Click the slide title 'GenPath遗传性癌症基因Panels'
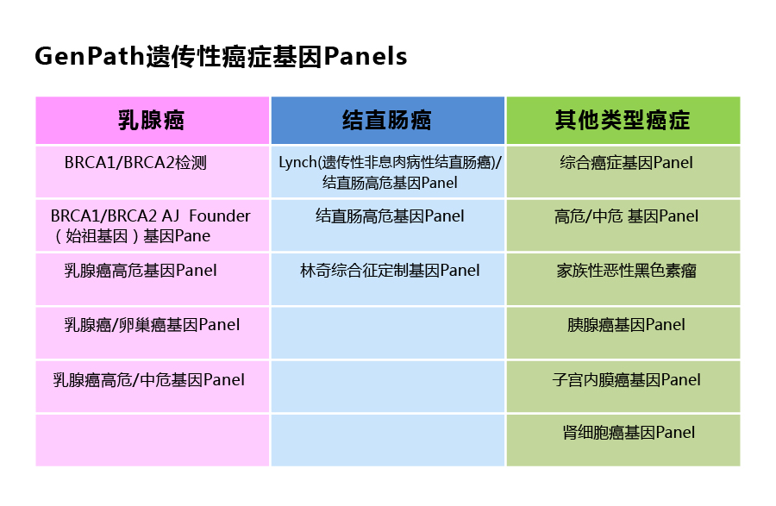click(x=220, y=57)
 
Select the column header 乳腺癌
click(x=152, y=120)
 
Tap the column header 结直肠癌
click(x=387, y=120)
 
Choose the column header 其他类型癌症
click(x=623, y=120)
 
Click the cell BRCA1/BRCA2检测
click(x=135, y=162)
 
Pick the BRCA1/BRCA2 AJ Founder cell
click(x=151, y=225)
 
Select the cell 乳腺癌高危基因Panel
click(x=141, y=271)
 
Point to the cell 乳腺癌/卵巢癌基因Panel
click(x=152, y=325)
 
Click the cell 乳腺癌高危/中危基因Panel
click(x=148, y=379)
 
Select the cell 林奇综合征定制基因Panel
click(x=390, y=271)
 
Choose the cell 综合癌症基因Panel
click(x=626, y=162)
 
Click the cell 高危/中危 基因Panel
click(x=626, y=216)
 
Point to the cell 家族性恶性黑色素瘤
click(x=626, y=271)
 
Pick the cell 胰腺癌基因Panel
click(x=626, y=325)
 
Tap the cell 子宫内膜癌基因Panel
click(x=626, y=379)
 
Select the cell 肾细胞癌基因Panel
click(x=628, y=433)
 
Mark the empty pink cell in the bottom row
click(x=152, y=440)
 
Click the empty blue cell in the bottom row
click(x=387, y=440)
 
